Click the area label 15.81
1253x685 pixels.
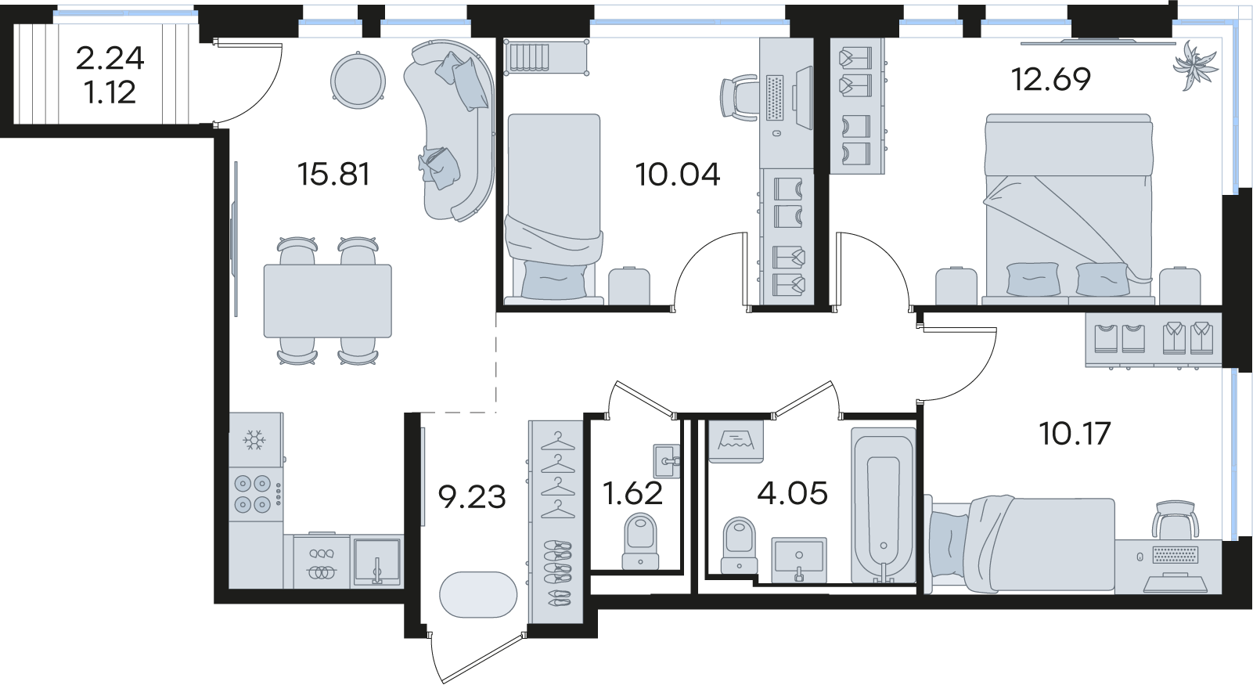point(333,174)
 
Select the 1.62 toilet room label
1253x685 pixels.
point(632,494)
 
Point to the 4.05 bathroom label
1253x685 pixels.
point(792,494)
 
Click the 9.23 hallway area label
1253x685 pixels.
point(472,497)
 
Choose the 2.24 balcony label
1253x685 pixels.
point(110,59)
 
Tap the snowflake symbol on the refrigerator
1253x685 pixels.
point(254,440)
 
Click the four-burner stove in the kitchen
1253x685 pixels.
point(256,494)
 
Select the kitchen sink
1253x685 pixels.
point(376,561)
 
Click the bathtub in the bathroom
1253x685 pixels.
point(884,507)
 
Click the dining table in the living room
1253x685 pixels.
point(328,301)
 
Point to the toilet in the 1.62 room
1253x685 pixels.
point(640,542)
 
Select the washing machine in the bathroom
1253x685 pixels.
point(736,442)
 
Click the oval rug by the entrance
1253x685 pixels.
point(478,594)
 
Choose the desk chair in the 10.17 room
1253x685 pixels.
point(1175,521)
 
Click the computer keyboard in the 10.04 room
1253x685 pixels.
point(775,97)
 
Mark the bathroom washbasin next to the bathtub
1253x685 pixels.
point(799,560)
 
